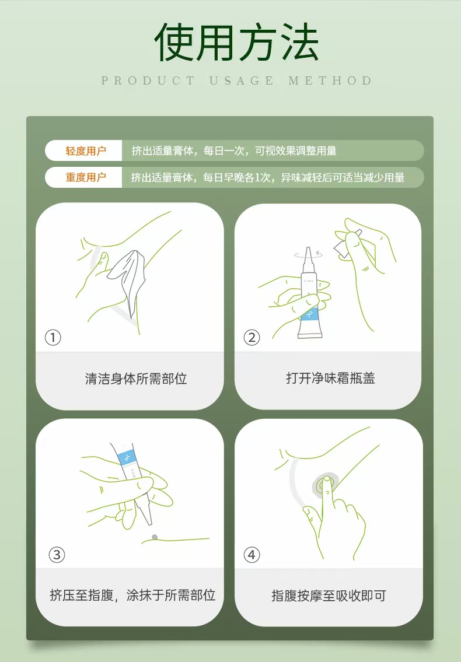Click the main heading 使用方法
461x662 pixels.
tap(236, 41)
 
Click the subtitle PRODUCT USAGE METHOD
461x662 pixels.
tap(236, 80)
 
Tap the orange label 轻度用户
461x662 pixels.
tap(86, 150)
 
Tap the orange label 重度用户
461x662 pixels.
tap(86, 177)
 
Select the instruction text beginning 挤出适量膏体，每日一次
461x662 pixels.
tap(234, 150)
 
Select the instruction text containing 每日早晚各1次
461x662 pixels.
tap(268, 177)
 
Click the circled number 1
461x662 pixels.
tap(53, 337)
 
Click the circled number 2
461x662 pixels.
tap(252, 337)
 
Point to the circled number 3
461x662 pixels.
tap(57, 554)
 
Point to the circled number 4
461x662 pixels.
tap(252, 554)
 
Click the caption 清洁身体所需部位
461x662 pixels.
tap(136, 379)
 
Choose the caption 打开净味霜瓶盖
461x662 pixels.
tap(330, 379)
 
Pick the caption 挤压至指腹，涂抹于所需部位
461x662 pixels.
tap(132, 596)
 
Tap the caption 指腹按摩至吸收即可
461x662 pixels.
tap(329, 596)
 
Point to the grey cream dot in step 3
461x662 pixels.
tap(155, 537)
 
